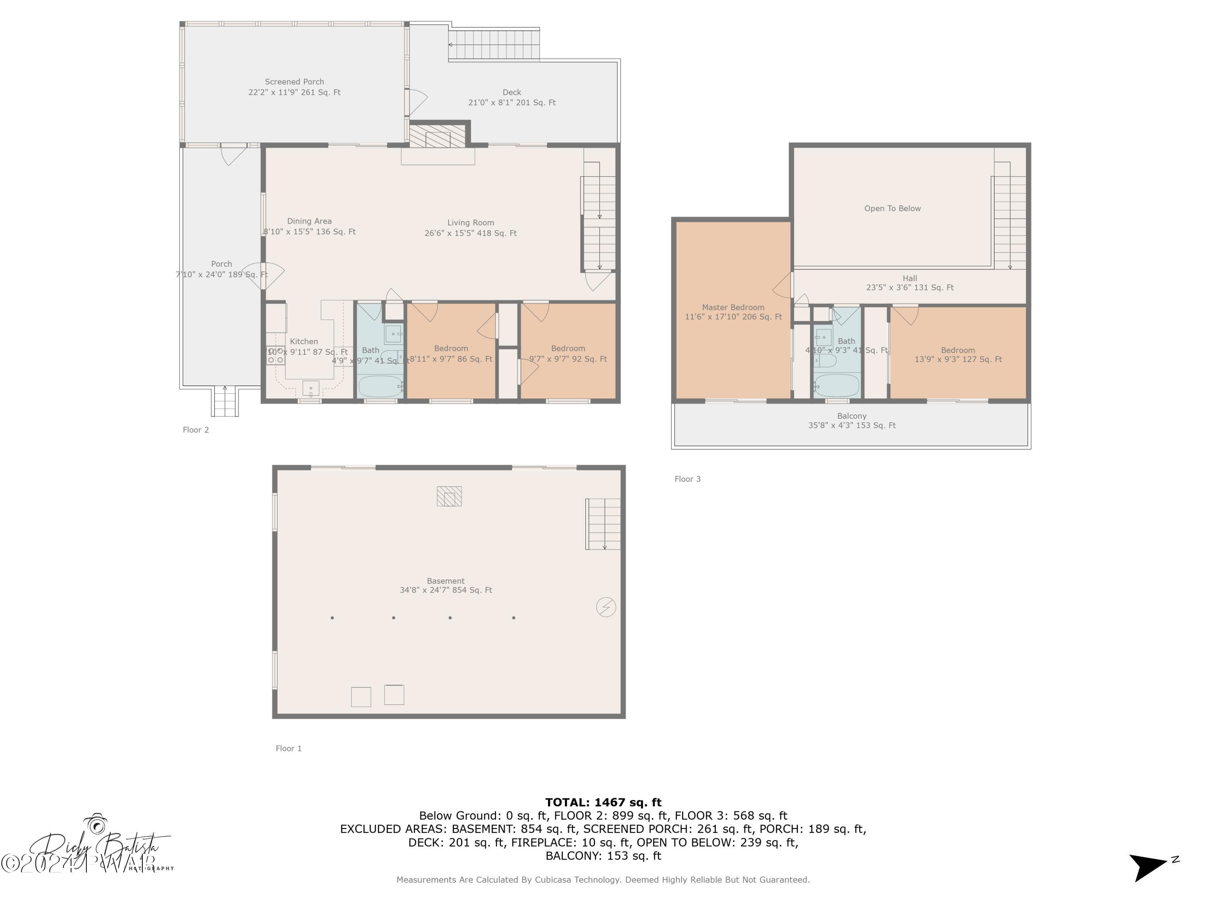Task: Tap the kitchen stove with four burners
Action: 276,356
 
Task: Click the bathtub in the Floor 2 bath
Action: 380,386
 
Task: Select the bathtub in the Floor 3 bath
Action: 836,385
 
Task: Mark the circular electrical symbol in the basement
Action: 606,607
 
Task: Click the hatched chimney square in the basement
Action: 449,496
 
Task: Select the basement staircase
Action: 603,524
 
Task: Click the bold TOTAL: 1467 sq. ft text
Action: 603,802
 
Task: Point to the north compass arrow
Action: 1149,866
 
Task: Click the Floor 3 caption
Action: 688,479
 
